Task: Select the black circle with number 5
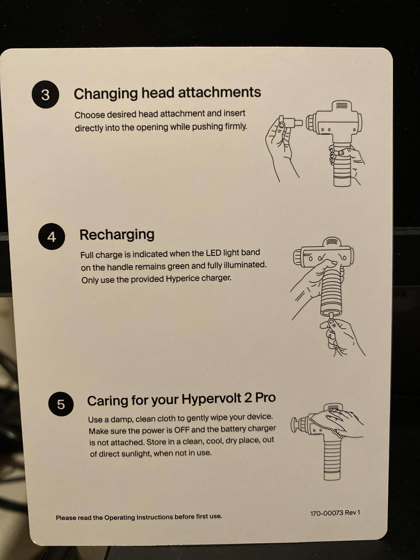click(x=61, y=404)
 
